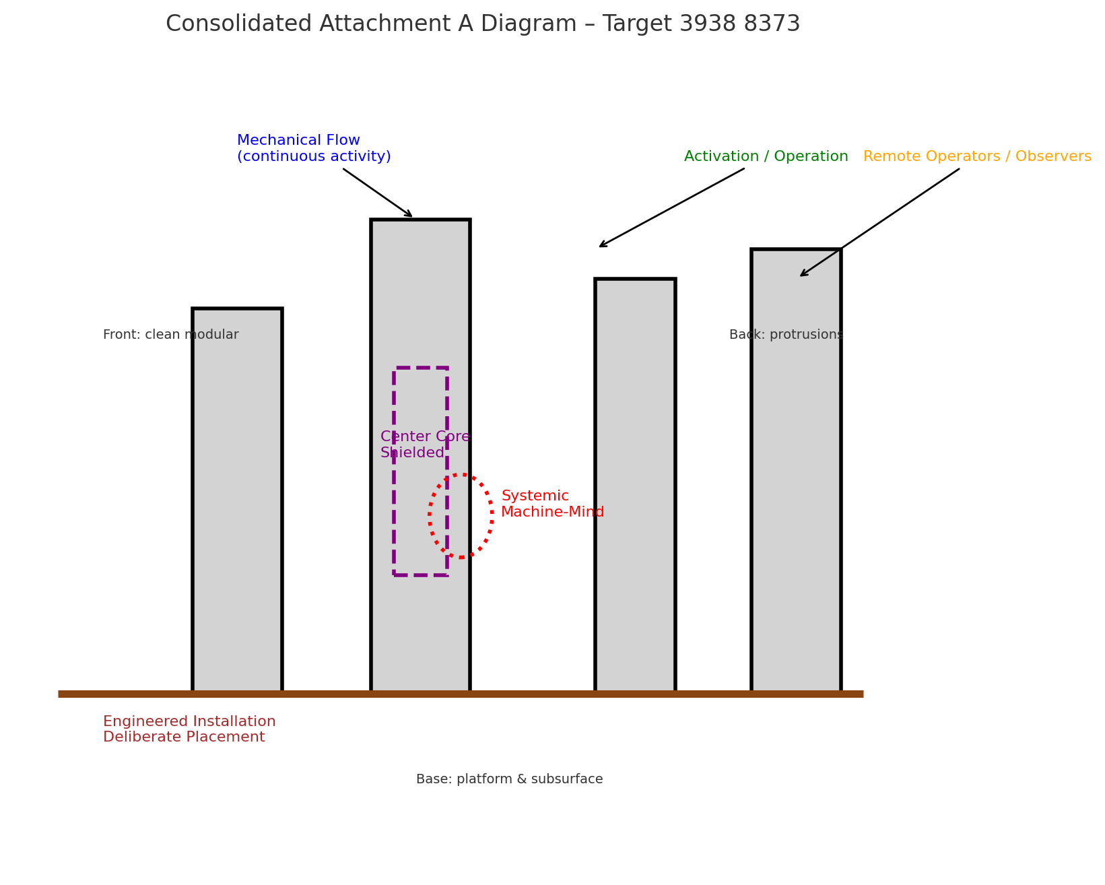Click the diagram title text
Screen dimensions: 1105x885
[x=482, y=24]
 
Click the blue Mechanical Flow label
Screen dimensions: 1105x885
[x=313, y=149]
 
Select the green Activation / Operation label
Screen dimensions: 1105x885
[x=766, y=157]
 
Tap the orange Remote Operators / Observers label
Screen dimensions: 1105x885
[x=976, y=157]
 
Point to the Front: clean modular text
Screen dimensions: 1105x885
[x=170, y=335]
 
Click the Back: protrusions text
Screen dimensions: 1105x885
[x=785, y=335]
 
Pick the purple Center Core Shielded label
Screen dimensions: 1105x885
[x=424, y=445]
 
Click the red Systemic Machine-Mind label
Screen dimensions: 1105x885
[x=551, y=504]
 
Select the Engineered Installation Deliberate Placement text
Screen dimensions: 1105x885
[x=189, y=729]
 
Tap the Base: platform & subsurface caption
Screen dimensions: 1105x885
[x=509, y=779]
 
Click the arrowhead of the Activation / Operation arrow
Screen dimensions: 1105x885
[x=601, y=247]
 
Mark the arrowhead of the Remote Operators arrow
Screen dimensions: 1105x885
[x=801, y=275]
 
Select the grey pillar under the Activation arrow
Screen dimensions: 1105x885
[x=635, y=485]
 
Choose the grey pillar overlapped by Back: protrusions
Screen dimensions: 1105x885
[x=796, y=471]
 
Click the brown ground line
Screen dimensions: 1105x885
[x=461, y=694]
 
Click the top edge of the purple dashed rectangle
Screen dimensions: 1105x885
[x=420, y=368]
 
